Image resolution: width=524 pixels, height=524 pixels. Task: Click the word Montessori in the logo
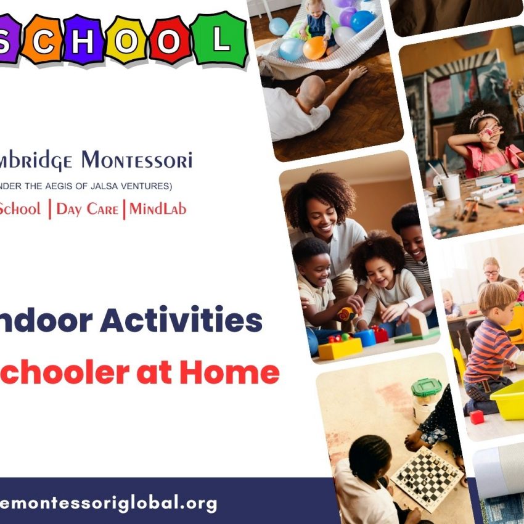coord(137,161)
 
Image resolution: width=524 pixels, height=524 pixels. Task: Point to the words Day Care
coord(87,209)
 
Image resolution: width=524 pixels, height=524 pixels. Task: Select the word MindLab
coord(157,209)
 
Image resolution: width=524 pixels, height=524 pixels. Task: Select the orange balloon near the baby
coord(314,48)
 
